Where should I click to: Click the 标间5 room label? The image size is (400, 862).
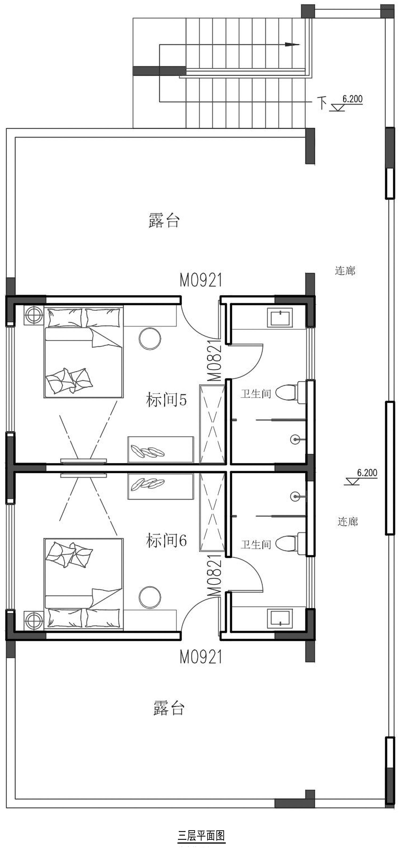point(166,400)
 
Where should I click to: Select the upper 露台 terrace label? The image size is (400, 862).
point(164,221)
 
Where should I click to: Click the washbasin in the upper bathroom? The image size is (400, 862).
point(280,318)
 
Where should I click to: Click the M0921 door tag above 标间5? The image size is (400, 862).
point(201,280)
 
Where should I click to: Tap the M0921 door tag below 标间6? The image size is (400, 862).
point(201,657)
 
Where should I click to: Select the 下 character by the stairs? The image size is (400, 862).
point(322,103)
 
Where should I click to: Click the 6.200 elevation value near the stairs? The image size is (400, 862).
point(352,99)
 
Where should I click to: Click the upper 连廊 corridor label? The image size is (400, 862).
point(345,270)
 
